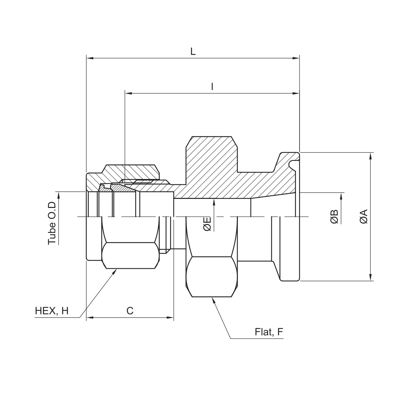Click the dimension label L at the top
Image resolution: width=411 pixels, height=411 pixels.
(x=193, y=52)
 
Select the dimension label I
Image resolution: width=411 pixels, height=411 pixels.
(x=212, y=87)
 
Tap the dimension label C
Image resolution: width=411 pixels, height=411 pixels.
(x=130, y=310)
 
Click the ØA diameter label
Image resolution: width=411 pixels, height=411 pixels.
(x=364, y=216)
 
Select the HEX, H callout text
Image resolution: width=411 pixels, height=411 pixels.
(x=52, y=311)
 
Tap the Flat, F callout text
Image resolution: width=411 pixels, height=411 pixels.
(x=269, y=332)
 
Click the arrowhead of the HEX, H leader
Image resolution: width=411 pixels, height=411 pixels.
(x=114, y=273)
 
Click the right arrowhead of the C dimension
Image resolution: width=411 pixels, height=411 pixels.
(x=170, y=317)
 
